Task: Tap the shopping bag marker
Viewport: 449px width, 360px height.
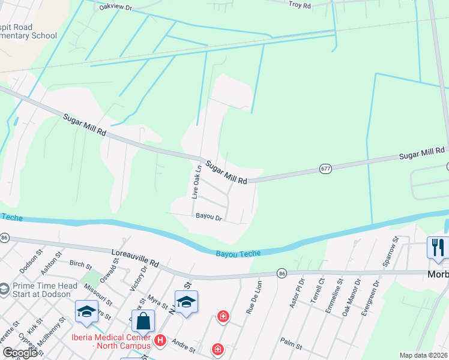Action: tap(144, 321)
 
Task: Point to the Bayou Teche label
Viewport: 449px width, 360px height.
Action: tap(238, 254)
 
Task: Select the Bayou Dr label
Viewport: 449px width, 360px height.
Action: tap(208, 217)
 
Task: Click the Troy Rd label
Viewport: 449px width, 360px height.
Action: tap(300, 5)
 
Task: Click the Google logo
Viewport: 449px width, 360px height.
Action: tap(20, 353)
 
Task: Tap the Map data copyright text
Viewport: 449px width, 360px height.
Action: tap(423, 355)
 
